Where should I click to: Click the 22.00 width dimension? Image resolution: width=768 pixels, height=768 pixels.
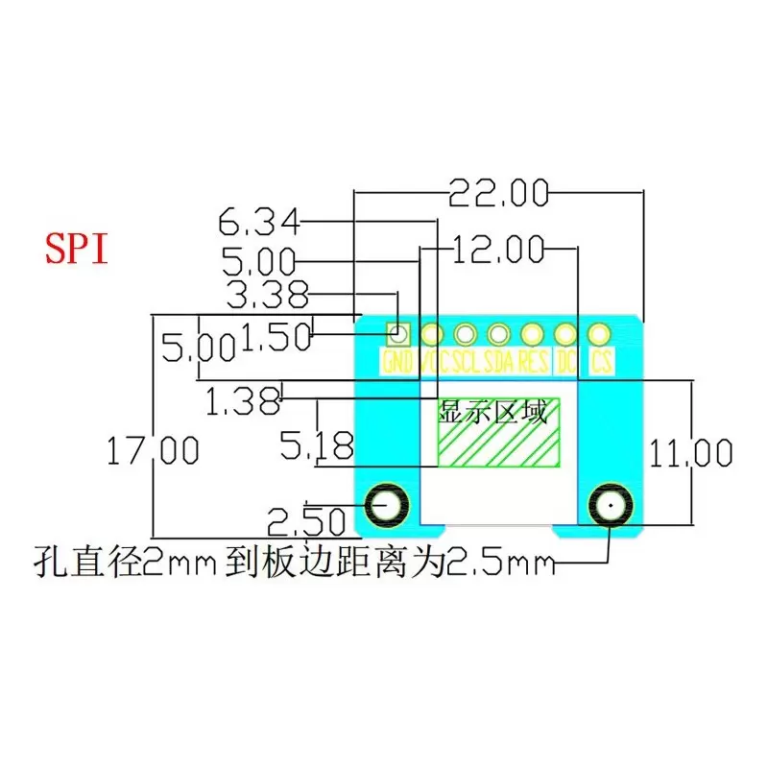coord(498,194)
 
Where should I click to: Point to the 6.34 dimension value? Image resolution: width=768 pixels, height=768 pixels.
coord(258,225)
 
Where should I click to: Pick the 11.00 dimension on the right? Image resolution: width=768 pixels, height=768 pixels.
coord(690,452)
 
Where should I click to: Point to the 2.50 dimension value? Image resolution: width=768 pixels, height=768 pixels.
coord(306,522)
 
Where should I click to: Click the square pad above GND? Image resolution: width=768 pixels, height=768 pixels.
coord(397,334)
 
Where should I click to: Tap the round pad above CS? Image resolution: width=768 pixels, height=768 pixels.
coord(599,334)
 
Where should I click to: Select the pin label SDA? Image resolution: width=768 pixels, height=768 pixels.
coord(499,363)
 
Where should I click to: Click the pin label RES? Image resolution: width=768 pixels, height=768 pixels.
coord(533,363)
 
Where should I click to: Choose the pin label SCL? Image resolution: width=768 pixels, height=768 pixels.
coord(466,363)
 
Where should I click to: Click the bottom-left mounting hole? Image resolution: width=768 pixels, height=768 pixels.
coord(389,503)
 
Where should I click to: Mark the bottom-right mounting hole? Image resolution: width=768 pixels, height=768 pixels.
coord(609,503)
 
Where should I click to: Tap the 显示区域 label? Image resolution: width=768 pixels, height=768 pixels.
coord(492,413)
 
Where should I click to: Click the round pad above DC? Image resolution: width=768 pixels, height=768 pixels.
coord(565,334)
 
